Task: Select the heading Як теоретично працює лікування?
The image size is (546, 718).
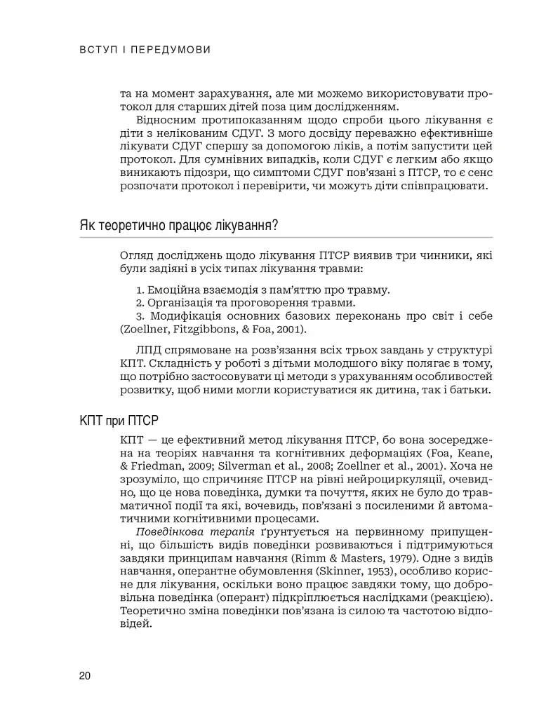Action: (x=178, y=225)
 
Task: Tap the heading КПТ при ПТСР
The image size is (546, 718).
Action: (x=119, y=421)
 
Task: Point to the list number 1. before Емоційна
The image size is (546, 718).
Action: (x=140, y=290)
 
